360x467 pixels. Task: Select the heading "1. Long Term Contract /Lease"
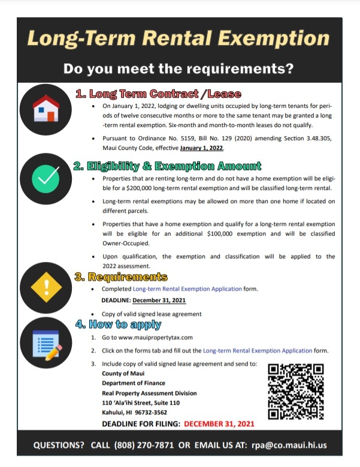(158, 94)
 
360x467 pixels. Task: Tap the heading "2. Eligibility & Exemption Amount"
(167, 166)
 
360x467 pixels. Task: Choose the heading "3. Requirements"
(120, 277)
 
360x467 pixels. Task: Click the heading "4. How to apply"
(118, 325)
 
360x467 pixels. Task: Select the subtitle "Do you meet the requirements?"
(179, 68)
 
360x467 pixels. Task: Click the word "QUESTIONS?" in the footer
(59, 447)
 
